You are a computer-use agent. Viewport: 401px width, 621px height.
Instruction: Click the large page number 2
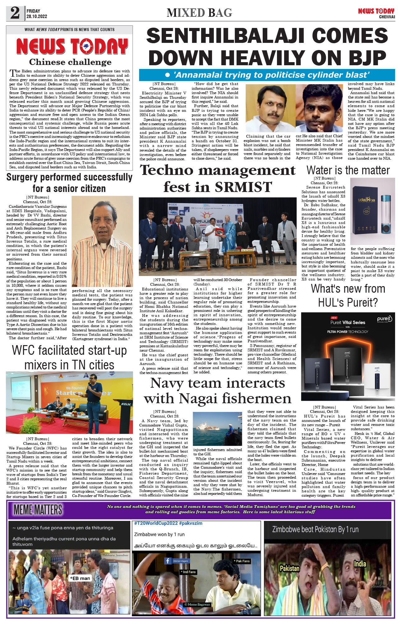[15, 13]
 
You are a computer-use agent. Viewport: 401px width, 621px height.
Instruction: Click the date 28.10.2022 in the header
[37, 16]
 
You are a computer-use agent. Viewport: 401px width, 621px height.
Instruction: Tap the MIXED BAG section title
[199, 13]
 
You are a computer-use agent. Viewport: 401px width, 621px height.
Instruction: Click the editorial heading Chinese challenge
[70, 62]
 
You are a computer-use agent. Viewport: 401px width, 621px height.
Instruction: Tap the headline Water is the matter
[348, 170]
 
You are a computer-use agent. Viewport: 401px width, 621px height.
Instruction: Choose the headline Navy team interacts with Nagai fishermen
[218, 391]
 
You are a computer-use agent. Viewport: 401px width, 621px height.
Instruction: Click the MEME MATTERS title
[38, 510]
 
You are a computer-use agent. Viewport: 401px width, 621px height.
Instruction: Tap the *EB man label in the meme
[80, 578]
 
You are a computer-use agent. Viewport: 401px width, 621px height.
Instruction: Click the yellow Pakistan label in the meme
[289, 568]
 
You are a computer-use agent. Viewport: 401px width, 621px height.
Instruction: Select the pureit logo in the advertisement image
[384, 319]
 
